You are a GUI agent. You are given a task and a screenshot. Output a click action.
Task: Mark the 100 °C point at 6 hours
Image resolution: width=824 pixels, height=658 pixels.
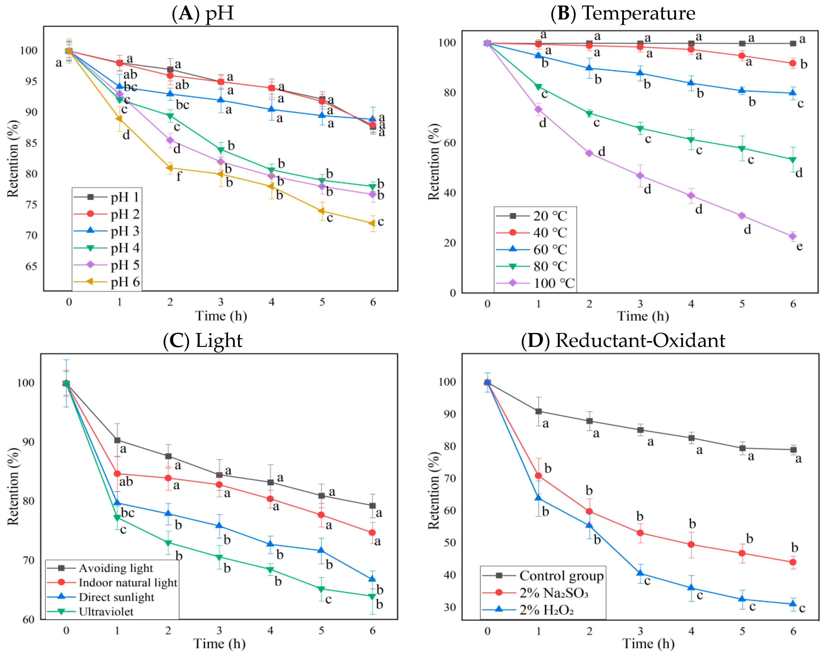click(x=793, y=236)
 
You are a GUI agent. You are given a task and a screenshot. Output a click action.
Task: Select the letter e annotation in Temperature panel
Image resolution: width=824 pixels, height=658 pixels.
click(x=799, y=246)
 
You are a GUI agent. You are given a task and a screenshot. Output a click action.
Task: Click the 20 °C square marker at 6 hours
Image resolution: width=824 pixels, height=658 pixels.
click(x=793, y=43)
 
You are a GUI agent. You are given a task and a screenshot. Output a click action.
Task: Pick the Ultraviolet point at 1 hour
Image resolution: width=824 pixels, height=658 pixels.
click(x=117, y=518)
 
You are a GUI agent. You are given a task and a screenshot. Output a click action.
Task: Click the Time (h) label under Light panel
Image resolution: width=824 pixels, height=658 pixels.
click(x=219, y=644)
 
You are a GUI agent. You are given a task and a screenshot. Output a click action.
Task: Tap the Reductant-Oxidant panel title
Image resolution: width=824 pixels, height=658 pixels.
click(x=623, y=340)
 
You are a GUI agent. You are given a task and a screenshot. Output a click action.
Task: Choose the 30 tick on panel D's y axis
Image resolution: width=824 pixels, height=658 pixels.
click(x=449, y=607)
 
